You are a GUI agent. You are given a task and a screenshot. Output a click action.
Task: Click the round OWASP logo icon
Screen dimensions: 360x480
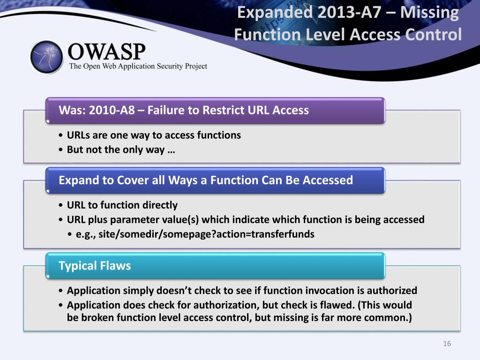46,57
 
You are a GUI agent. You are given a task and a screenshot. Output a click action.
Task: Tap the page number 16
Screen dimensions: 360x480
447,344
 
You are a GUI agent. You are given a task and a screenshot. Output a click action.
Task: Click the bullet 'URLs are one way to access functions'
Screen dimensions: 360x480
154,135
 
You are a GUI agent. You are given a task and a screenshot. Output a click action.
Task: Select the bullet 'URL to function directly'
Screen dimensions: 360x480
122,205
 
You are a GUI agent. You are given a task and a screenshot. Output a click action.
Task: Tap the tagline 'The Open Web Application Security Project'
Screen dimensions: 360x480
138,66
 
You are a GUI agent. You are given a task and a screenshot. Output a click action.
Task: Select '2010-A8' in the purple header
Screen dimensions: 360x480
107,111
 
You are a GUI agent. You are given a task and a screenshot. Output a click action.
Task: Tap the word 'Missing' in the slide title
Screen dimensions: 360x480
430,12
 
